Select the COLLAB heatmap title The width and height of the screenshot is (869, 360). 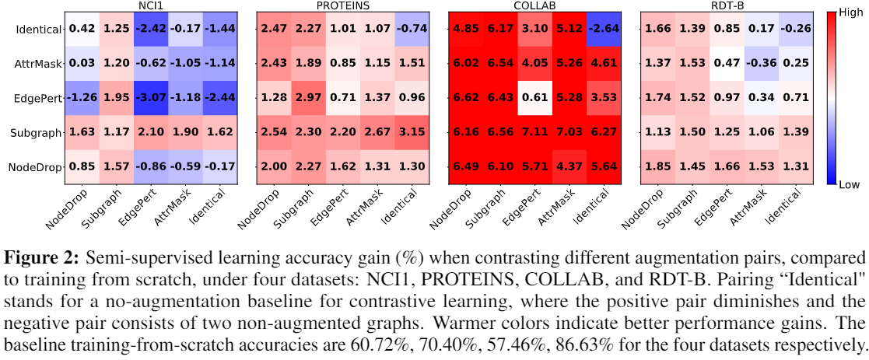(534, 5)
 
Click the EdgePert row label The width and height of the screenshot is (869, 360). (37, 98)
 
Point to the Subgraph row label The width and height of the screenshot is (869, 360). (37, 133)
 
